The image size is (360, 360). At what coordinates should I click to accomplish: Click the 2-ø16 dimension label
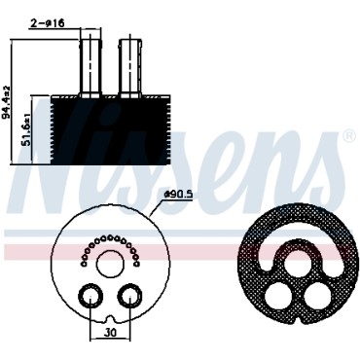pos(48,22)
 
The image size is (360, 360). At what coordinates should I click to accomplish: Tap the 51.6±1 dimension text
pos(27,130)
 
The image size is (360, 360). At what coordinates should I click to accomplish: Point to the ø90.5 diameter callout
pos(178,195)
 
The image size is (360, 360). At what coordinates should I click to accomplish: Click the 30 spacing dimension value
pos(110,333)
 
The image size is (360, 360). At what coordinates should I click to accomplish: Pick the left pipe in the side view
pos(90,65)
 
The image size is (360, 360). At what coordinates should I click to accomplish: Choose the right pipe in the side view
pos(130,65)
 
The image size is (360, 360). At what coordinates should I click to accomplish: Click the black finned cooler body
pos(110,130)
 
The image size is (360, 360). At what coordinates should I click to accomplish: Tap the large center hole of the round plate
pos(110,264)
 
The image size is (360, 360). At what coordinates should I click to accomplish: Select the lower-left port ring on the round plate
pos(90,296)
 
